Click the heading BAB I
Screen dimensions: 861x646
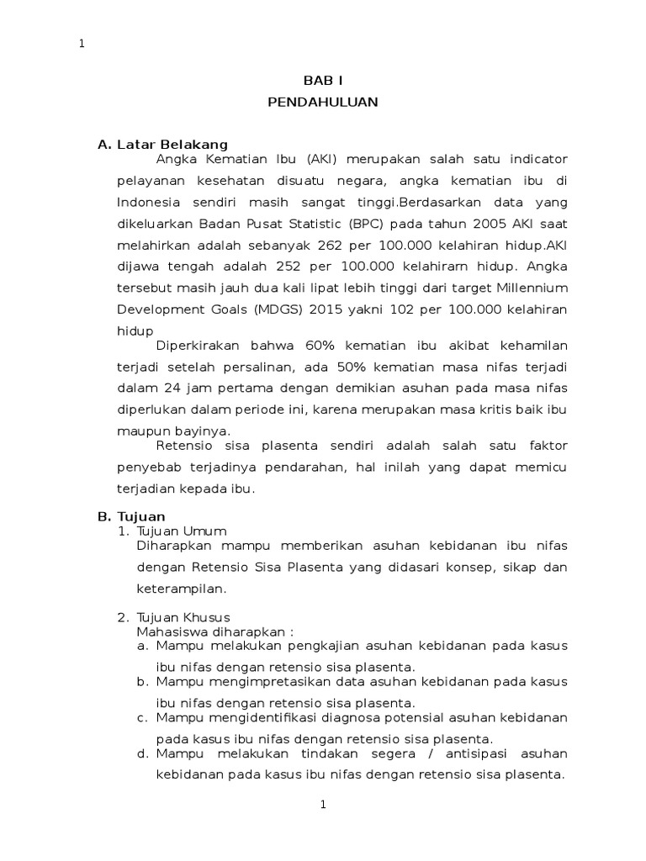point(323,81)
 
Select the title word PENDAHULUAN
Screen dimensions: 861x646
point(323,103)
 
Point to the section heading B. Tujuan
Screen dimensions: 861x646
point(132,516)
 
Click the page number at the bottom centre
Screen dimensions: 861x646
point(323,805)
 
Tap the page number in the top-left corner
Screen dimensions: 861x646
point(82,45)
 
